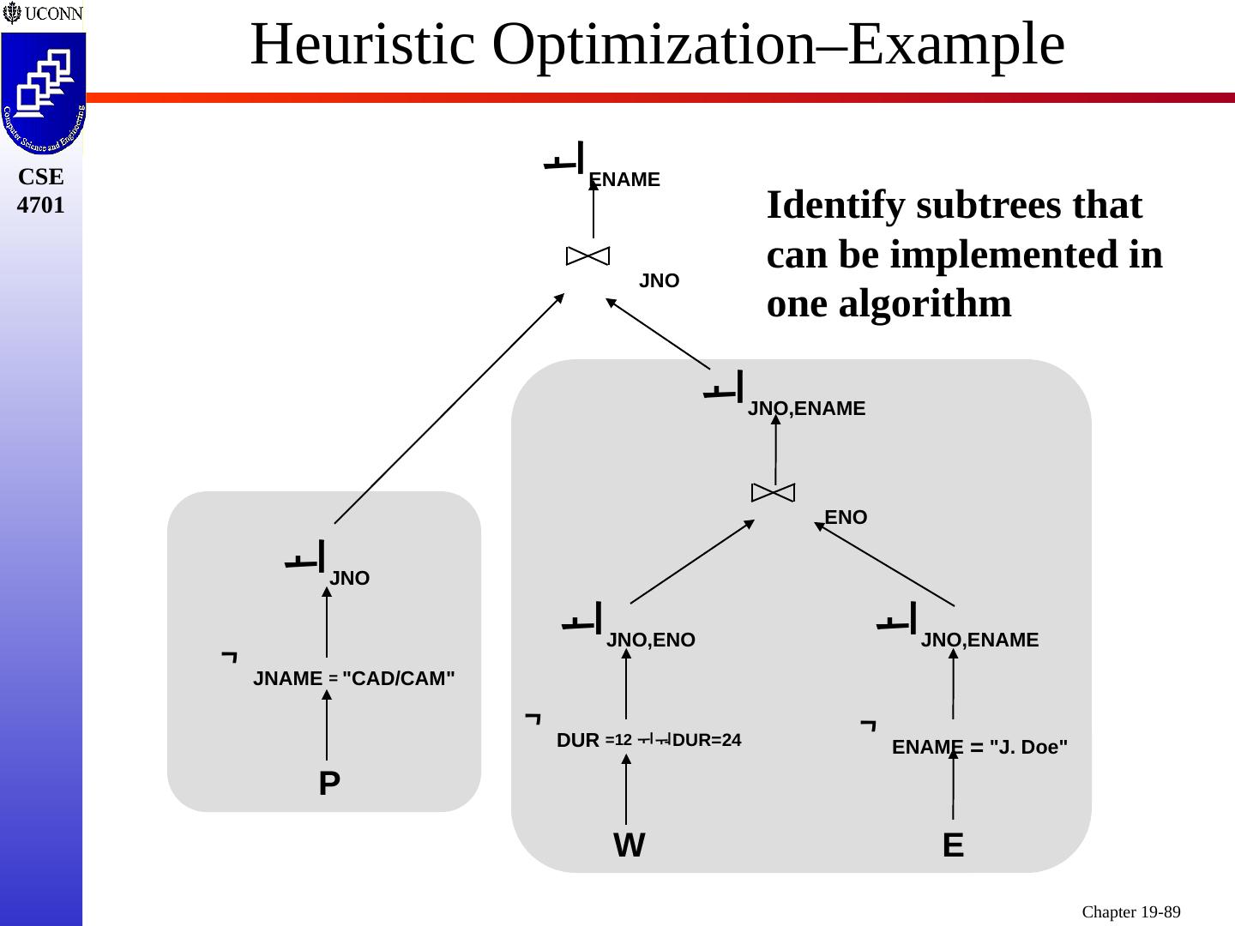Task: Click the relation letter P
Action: [329, 784]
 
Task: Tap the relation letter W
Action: [629, 846]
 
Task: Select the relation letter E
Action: [953, 846]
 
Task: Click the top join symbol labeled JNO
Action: [588, 256]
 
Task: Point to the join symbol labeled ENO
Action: [773, 492]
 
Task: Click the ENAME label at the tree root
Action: [624, 180]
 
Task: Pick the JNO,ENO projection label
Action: [650, 640]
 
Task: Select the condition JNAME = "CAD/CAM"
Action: [353, 679]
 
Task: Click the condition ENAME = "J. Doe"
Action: [979, 748]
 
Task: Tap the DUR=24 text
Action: [707, 740]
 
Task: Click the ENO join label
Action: [846, 518]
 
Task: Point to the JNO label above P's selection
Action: [349, 579]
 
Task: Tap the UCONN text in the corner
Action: [53, 14]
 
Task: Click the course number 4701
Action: [41, 206]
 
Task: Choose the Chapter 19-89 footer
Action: [1130, 912]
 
